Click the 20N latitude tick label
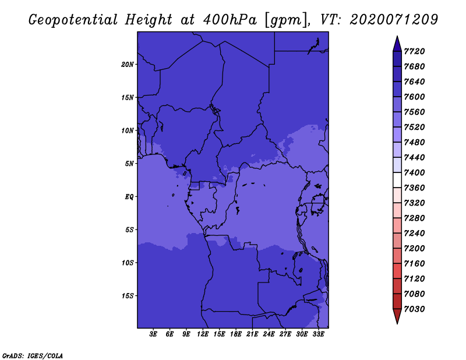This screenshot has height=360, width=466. click(x=128, y=65)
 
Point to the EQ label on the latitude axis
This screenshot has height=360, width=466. click(x=129, y=197)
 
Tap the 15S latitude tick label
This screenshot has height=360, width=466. click(x=128, y=296)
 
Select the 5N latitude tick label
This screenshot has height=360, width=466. click(x=129, y=164)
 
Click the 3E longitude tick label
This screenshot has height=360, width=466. click(x=153, y=334)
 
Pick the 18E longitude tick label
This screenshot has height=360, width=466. click(x=236, y=334)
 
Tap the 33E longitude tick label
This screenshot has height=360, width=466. click(x=318, y=334)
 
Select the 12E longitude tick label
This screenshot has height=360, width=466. click(x=203, y=334)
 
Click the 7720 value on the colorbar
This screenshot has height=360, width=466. click(x=414, y=51)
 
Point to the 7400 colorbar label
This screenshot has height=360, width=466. click(x=414, y=172)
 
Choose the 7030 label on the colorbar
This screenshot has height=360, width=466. click(x=414, y=309)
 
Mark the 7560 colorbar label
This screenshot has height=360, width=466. click(x=414, y=112)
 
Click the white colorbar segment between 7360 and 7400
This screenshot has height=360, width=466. click(x=397, y=180)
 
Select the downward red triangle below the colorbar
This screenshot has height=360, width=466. click(x=397, y=315)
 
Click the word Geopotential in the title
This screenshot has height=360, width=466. click(x=73, y=20)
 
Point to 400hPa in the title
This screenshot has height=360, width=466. click(x=230, y=20)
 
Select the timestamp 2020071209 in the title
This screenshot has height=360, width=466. click(x=394, y=20)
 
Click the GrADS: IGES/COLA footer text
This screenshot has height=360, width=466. click(x=33, y=356)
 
